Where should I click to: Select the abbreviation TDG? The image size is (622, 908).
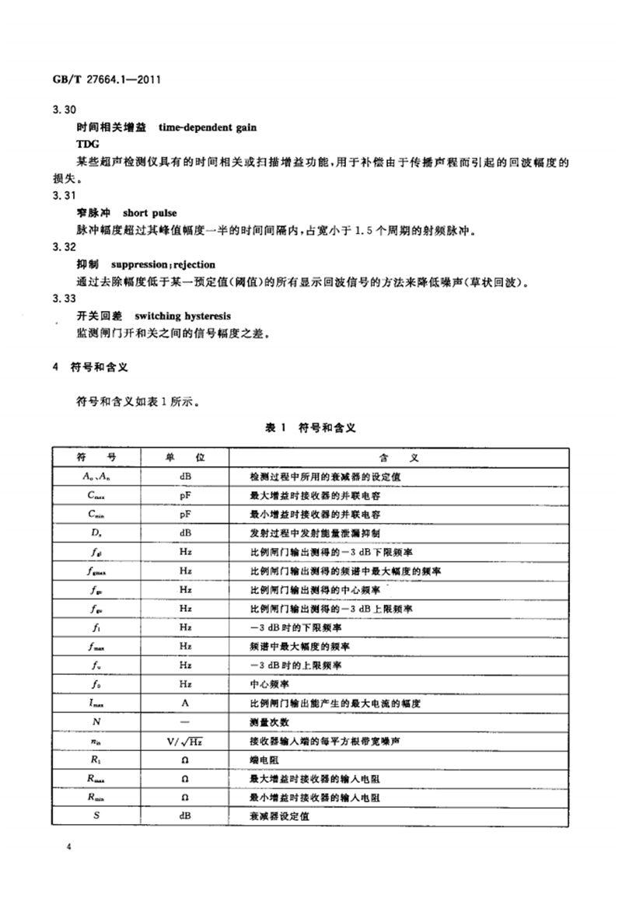point(88,145)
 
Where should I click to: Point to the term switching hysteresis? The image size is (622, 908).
point(183,316)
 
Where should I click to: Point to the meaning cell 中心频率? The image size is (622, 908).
point(268,686)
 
